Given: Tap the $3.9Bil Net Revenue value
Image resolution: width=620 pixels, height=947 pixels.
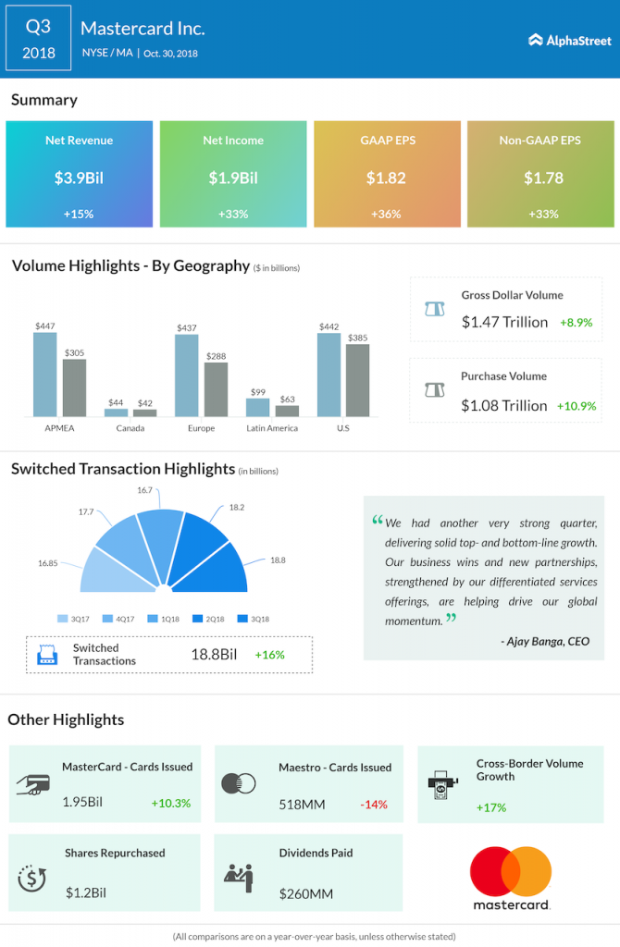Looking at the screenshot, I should click(79, 178).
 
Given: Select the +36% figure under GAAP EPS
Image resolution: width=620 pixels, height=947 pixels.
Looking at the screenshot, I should click(386, 214).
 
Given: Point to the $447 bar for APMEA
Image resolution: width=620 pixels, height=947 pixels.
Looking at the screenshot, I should click(44, 375).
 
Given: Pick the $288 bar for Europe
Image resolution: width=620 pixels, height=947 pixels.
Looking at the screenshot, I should click(216, 389).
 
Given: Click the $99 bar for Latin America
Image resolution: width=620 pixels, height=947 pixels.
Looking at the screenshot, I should click(257, 407).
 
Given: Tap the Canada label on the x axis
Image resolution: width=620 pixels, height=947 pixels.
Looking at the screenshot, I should click(130, 429).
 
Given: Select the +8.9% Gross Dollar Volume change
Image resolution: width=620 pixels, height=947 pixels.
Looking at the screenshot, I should click(575, 323).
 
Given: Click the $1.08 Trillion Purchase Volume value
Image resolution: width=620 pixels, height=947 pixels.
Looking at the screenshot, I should click(504, 405).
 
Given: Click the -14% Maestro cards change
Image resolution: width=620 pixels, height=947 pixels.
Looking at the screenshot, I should click(373, 804).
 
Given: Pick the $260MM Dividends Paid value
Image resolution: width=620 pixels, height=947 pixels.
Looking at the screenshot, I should click(304, 894).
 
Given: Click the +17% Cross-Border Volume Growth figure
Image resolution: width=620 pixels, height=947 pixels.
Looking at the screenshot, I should click(491, 806).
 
